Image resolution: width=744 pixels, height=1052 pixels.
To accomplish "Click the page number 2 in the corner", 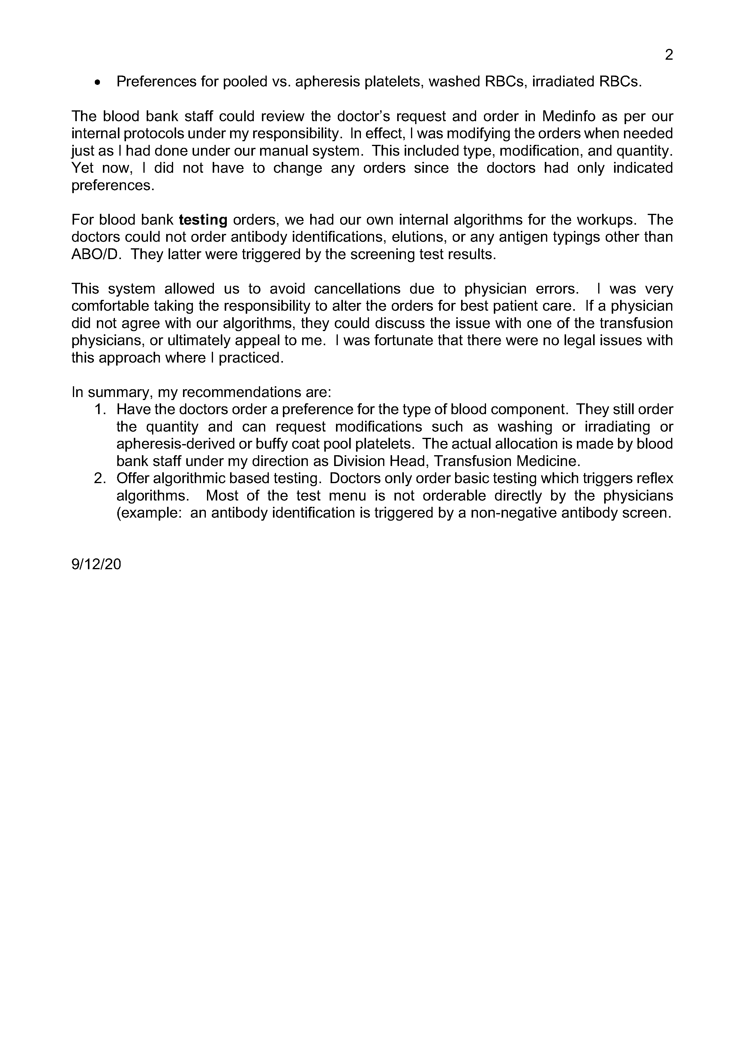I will (x=669, y=55).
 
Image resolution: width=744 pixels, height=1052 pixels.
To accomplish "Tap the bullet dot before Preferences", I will (x=97, y=82).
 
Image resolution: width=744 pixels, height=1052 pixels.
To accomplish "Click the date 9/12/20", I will (x=96, y=564).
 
